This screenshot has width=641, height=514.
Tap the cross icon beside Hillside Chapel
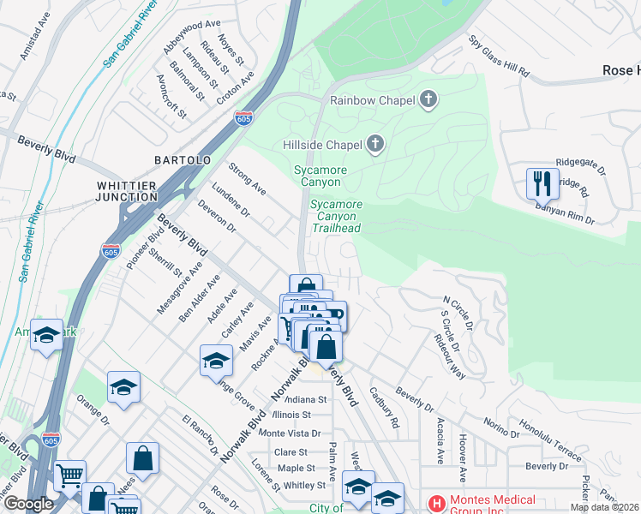click(374, 144)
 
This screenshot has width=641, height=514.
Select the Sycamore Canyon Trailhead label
click(336, 216)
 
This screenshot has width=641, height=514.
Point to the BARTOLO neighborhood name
click(182, 160)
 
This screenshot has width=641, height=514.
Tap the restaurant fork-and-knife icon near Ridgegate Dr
click(542, 182)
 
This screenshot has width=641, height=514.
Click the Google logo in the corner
click(27, 504)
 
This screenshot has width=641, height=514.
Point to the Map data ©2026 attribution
click(604, 507)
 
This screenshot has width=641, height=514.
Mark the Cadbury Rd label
click(384, 407)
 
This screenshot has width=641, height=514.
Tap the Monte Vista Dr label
click(289, 433)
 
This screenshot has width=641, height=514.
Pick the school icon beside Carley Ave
click(217, 360)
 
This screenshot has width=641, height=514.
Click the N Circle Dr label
click(457, 313)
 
